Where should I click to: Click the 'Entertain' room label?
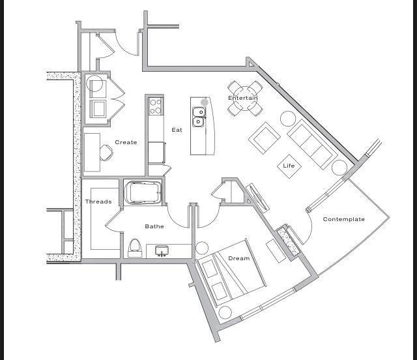[x=242, y=98]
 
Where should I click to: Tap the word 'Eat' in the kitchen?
[x=177, y=130]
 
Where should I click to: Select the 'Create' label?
[x=126, y=142]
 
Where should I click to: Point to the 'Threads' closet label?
[x=98, y=202]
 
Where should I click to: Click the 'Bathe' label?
[x=154, y=226]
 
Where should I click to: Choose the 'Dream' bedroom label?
[x=238, y=258]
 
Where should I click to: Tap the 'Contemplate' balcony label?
[x=343, y=219]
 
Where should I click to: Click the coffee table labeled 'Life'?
[x=289, y=166]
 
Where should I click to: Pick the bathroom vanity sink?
[x=161, y=250]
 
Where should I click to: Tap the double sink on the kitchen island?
[x=199, y=117]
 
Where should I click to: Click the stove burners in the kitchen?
[x=155, y=106]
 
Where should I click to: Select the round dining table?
[x=245, y=98]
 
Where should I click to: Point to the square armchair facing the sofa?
[x=265, y=138]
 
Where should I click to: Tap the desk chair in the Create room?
[x=106, y=152]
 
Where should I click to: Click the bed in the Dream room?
[x=231, y=273]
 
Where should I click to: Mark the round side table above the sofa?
[x=288, y=118]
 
